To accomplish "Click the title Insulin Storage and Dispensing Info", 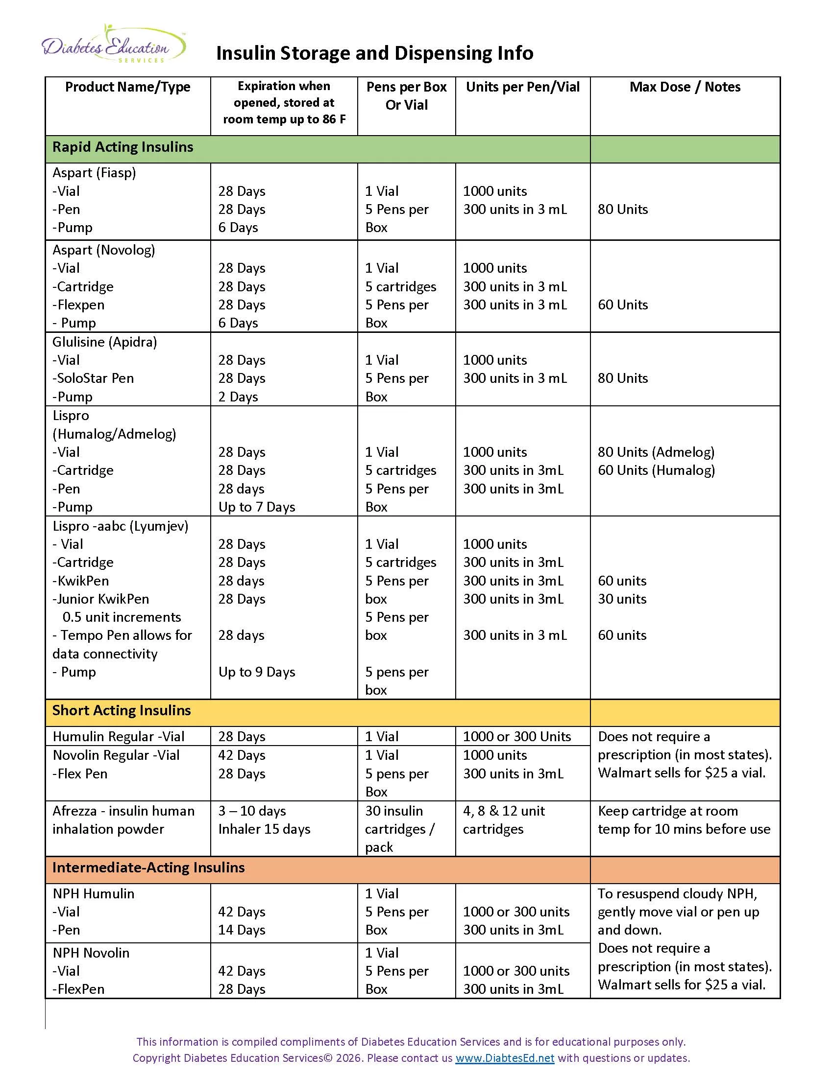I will (x=374, y=53).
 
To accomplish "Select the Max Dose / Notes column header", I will (x=685, y=87).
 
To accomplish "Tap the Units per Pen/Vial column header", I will (x=523, y=87).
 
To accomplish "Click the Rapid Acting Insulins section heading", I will (x=122, y=147).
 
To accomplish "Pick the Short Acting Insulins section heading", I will (x=122, y=711).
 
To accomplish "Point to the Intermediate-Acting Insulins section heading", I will (x=148, y=868).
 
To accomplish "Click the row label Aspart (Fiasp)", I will (x=94, y=173).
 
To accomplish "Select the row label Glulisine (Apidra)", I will (x=105, y=342).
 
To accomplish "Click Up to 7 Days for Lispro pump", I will (x=257, y=507).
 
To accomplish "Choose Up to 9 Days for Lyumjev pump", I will (x=257, y=672).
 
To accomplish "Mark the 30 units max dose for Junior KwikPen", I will (x=622, y=599).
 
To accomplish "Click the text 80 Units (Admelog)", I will (x=656, y=452).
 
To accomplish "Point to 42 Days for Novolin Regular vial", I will (x=242, y=755).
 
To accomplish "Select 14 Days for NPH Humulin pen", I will (x=242, y=930).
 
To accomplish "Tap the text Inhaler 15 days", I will (x=264, y=829).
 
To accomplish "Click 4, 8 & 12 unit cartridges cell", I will (x=503, y=820).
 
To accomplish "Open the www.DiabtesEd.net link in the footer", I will (x=504, y=1058).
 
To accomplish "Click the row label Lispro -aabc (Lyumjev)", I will (x=121, y=526).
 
